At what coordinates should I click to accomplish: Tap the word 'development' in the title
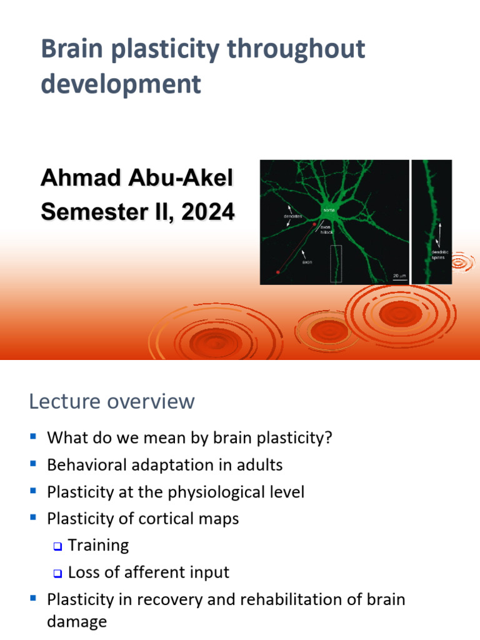pyautogui.click(x=121, y=84)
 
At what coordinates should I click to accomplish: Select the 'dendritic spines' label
pyautogui.click(x=440, y=254)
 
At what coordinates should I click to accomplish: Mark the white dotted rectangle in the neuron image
pyautogui.click(x=336, y=263)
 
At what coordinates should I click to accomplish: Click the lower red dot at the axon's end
pyautogui.click(x=277, y=272)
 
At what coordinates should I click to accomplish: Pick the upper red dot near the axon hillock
pyautogui.click(x=314, y=223)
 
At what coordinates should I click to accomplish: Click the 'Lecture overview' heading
pyautogui.click(x=112, y=401)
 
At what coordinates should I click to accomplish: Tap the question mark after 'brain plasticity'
pyautogui.click(x=328, y=437)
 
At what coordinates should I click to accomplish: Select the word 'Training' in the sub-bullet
pyautogui.click(x=98, y=545)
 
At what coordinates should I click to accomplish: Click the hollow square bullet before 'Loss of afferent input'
pyautogui.click(x=57, y=573)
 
